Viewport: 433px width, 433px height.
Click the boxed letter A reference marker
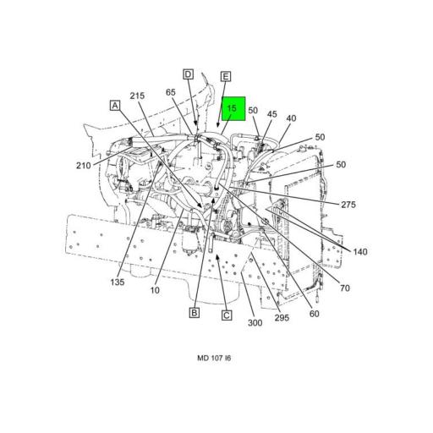115,106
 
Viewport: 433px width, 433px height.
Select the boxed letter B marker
195,312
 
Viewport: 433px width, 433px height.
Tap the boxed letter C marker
227,315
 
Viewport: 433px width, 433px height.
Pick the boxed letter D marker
188,74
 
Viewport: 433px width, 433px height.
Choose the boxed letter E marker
226,76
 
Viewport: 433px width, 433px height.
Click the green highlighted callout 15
233,108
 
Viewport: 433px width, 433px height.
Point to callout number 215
137,96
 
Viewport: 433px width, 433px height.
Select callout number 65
171,92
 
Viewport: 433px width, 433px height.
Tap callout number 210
84,166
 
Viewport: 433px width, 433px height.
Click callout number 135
118,282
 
